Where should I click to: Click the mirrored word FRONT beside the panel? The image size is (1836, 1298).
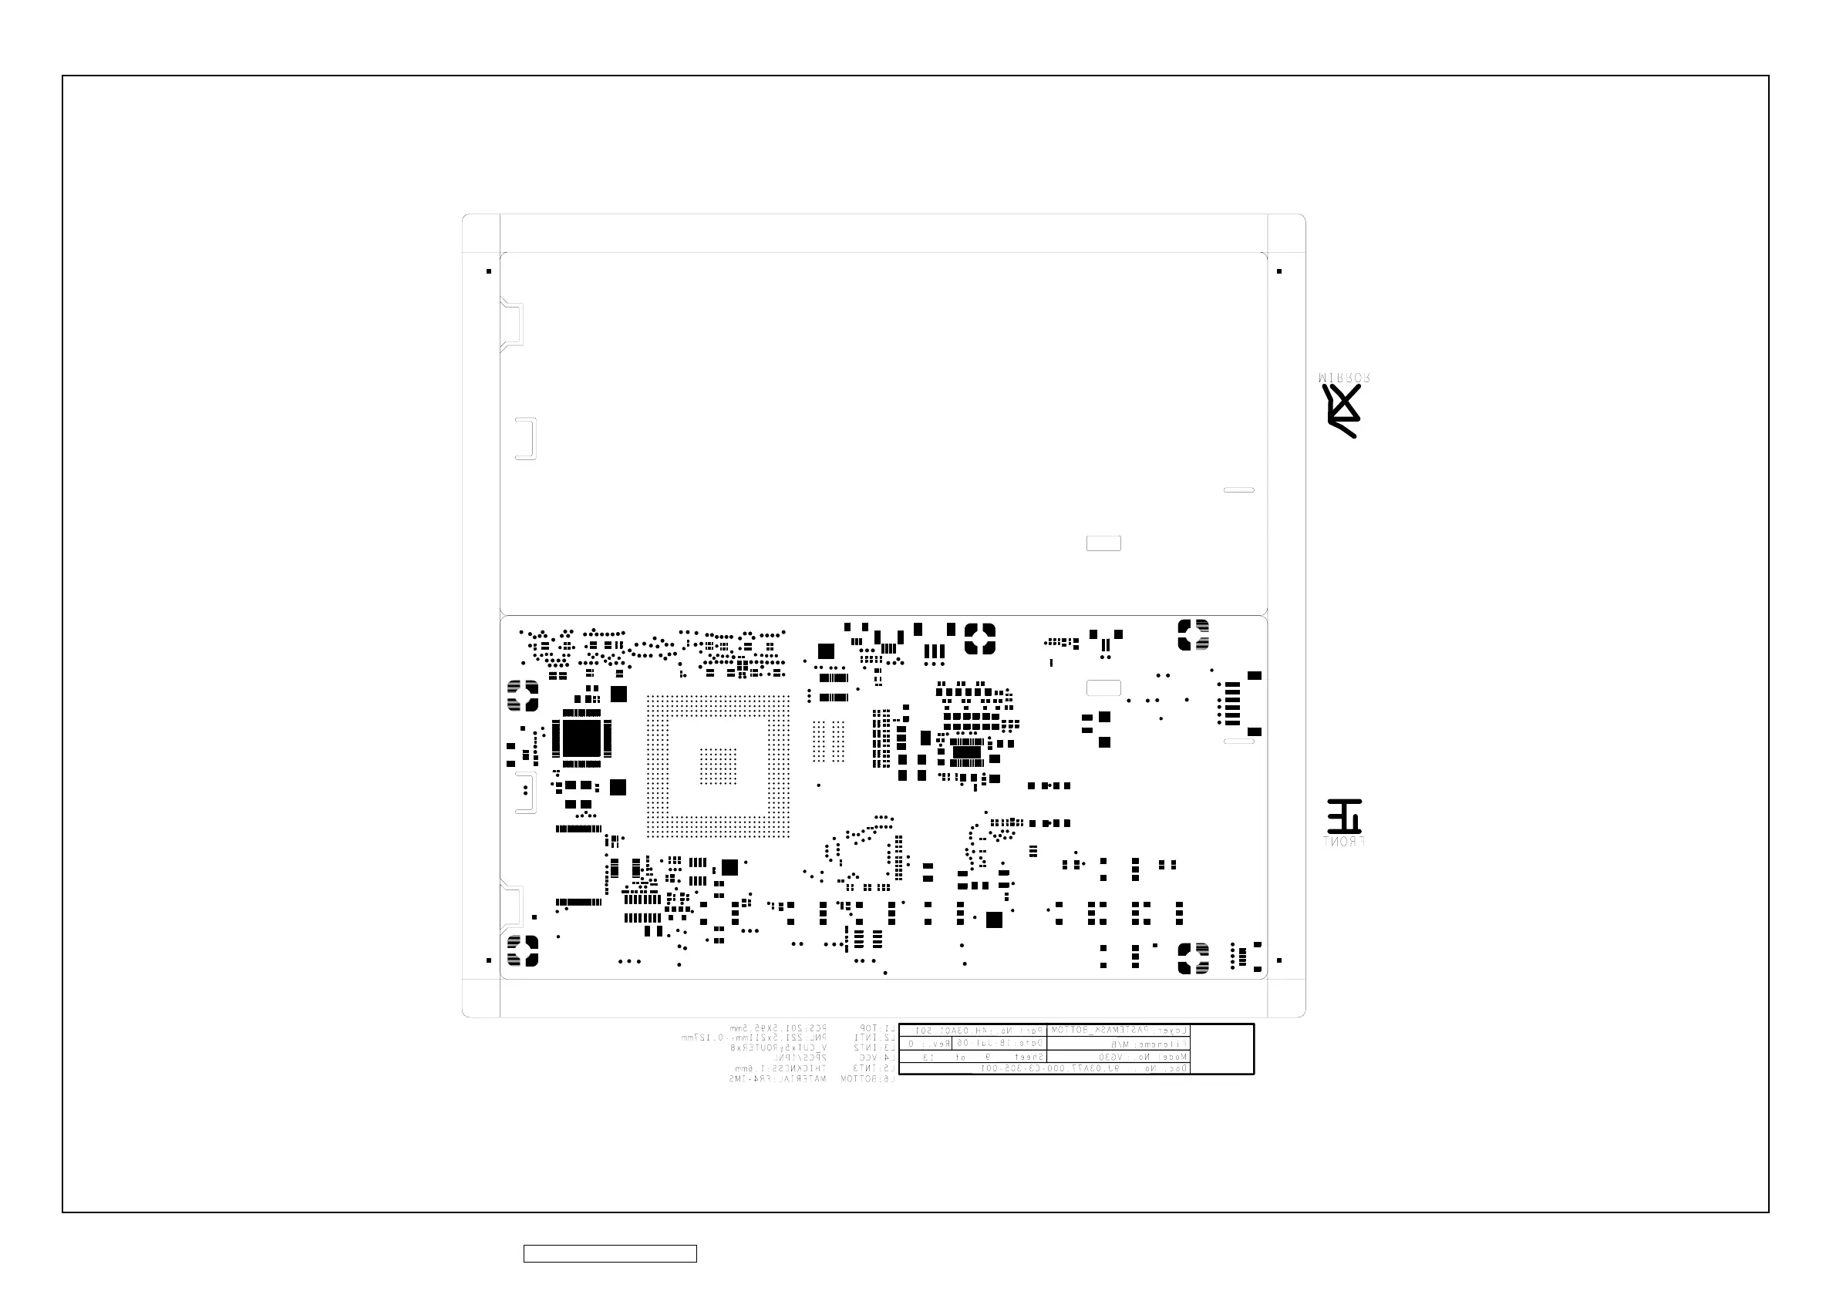(x=1344, y=842)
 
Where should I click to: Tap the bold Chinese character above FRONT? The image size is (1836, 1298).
(x=1344, y=816)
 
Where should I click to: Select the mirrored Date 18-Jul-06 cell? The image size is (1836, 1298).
(x=998, y=1043)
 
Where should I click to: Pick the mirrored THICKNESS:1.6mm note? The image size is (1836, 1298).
(x=780, y=1068)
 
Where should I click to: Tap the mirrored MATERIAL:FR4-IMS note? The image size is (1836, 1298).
(x=777, y=1079)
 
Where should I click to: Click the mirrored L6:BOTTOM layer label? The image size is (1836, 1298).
(x=867, y=1079)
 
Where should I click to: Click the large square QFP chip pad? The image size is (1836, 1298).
(x=581, y=738)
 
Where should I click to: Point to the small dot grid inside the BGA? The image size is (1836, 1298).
(x=718, y=766)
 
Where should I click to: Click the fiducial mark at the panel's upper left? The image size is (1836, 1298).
(x=489, y=272)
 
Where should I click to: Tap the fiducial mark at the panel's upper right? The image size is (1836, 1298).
(x=1279, y=272)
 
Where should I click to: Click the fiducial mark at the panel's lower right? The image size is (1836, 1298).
(x=1279, y=960)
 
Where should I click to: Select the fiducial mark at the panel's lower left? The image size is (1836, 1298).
(x=489, y=960)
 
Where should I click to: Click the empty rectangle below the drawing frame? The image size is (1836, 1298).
(x=610, y=1254)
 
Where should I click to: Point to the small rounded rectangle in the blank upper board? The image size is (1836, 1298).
(x=1103, y=543)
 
